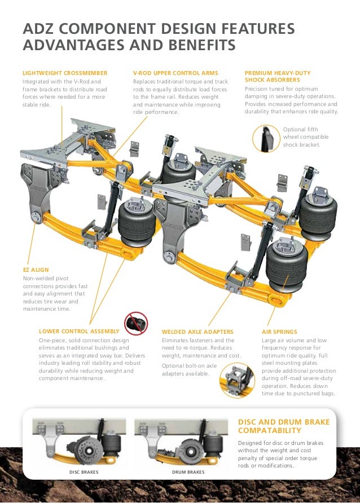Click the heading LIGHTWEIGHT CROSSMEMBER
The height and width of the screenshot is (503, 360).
(x=64, y=73)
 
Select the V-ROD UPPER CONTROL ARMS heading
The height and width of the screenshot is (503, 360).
(x=175, y=73)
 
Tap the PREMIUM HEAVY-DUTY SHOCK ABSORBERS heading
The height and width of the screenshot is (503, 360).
(x=278, y=77)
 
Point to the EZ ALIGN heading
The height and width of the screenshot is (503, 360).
(x=36, y=270)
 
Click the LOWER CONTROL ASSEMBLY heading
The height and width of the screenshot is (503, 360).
(x=79, y=331)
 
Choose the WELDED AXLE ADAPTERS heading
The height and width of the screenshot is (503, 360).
(x=197, y=332)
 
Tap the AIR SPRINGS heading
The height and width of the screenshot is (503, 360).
(x=279, y=332)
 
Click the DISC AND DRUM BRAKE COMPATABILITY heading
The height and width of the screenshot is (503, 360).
(x=284, y=426)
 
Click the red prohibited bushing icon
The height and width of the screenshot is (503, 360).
(x=136, y=324)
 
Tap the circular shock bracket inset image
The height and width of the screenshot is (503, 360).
(x=266, y=138)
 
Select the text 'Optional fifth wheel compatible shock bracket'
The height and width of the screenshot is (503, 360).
(x=301, y=137)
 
